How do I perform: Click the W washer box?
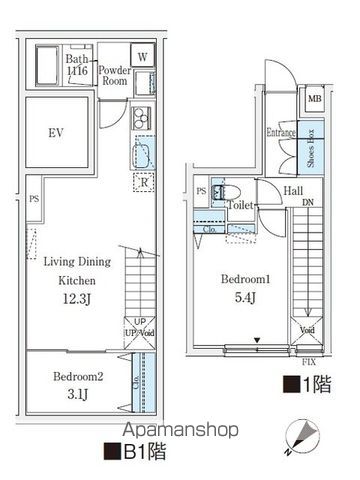coord(143,57)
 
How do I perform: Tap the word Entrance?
coord(280,131)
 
